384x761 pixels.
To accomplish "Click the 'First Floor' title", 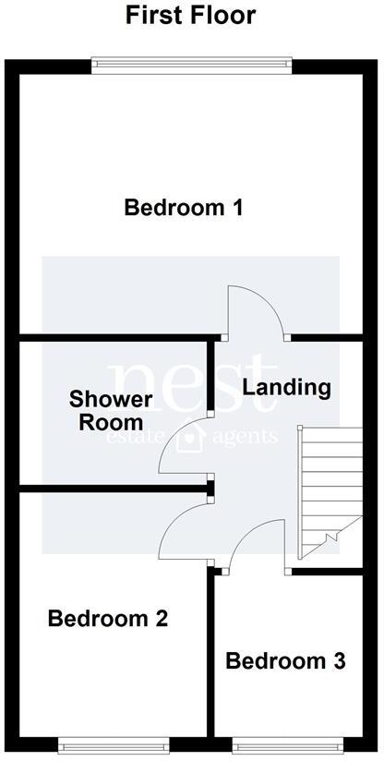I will point(190,16).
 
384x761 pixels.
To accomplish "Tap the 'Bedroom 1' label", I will point(184,207).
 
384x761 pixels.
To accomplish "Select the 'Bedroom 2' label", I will point(108,619).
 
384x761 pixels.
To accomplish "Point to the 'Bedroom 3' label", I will point(285,661).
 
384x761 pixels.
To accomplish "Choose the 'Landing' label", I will point(286,387).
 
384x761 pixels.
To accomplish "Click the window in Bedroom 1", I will point(192,64).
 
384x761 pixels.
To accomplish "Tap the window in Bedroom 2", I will point(113,742).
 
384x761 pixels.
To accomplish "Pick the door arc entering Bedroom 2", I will point(183,531).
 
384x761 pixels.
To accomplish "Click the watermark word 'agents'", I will point(246,436).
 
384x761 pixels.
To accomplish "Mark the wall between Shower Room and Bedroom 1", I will point(114,339).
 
